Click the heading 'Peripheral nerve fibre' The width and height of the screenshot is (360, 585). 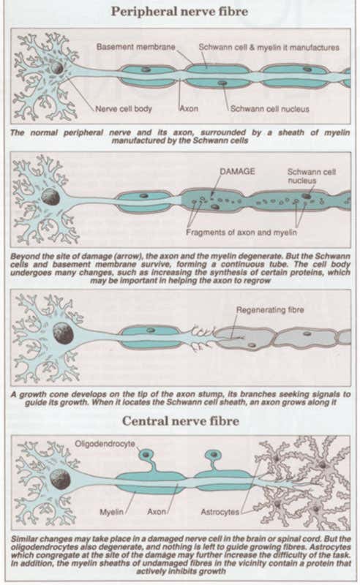coord(180,11)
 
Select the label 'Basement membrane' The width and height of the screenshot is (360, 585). coord(136,47)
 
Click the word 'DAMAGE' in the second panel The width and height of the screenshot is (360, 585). coord(237,170)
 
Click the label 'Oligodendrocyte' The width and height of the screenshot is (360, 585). coord(107,443)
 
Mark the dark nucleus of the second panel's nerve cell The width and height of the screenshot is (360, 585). coord(49,196)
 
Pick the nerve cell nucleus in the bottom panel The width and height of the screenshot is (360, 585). coord(60,479)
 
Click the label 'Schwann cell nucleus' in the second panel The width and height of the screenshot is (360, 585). coord(305,175)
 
